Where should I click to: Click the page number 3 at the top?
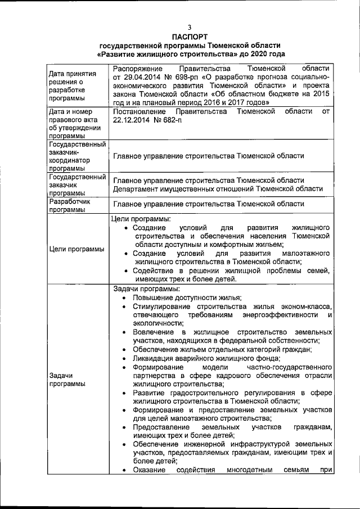point(190,28)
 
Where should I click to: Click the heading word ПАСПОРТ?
point(190,36)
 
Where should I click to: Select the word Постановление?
point(139,112)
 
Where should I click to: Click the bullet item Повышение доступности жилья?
point(187,298)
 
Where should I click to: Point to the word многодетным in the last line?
point(253,470)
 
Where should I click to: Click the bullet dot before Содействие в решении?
point(126,271)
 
